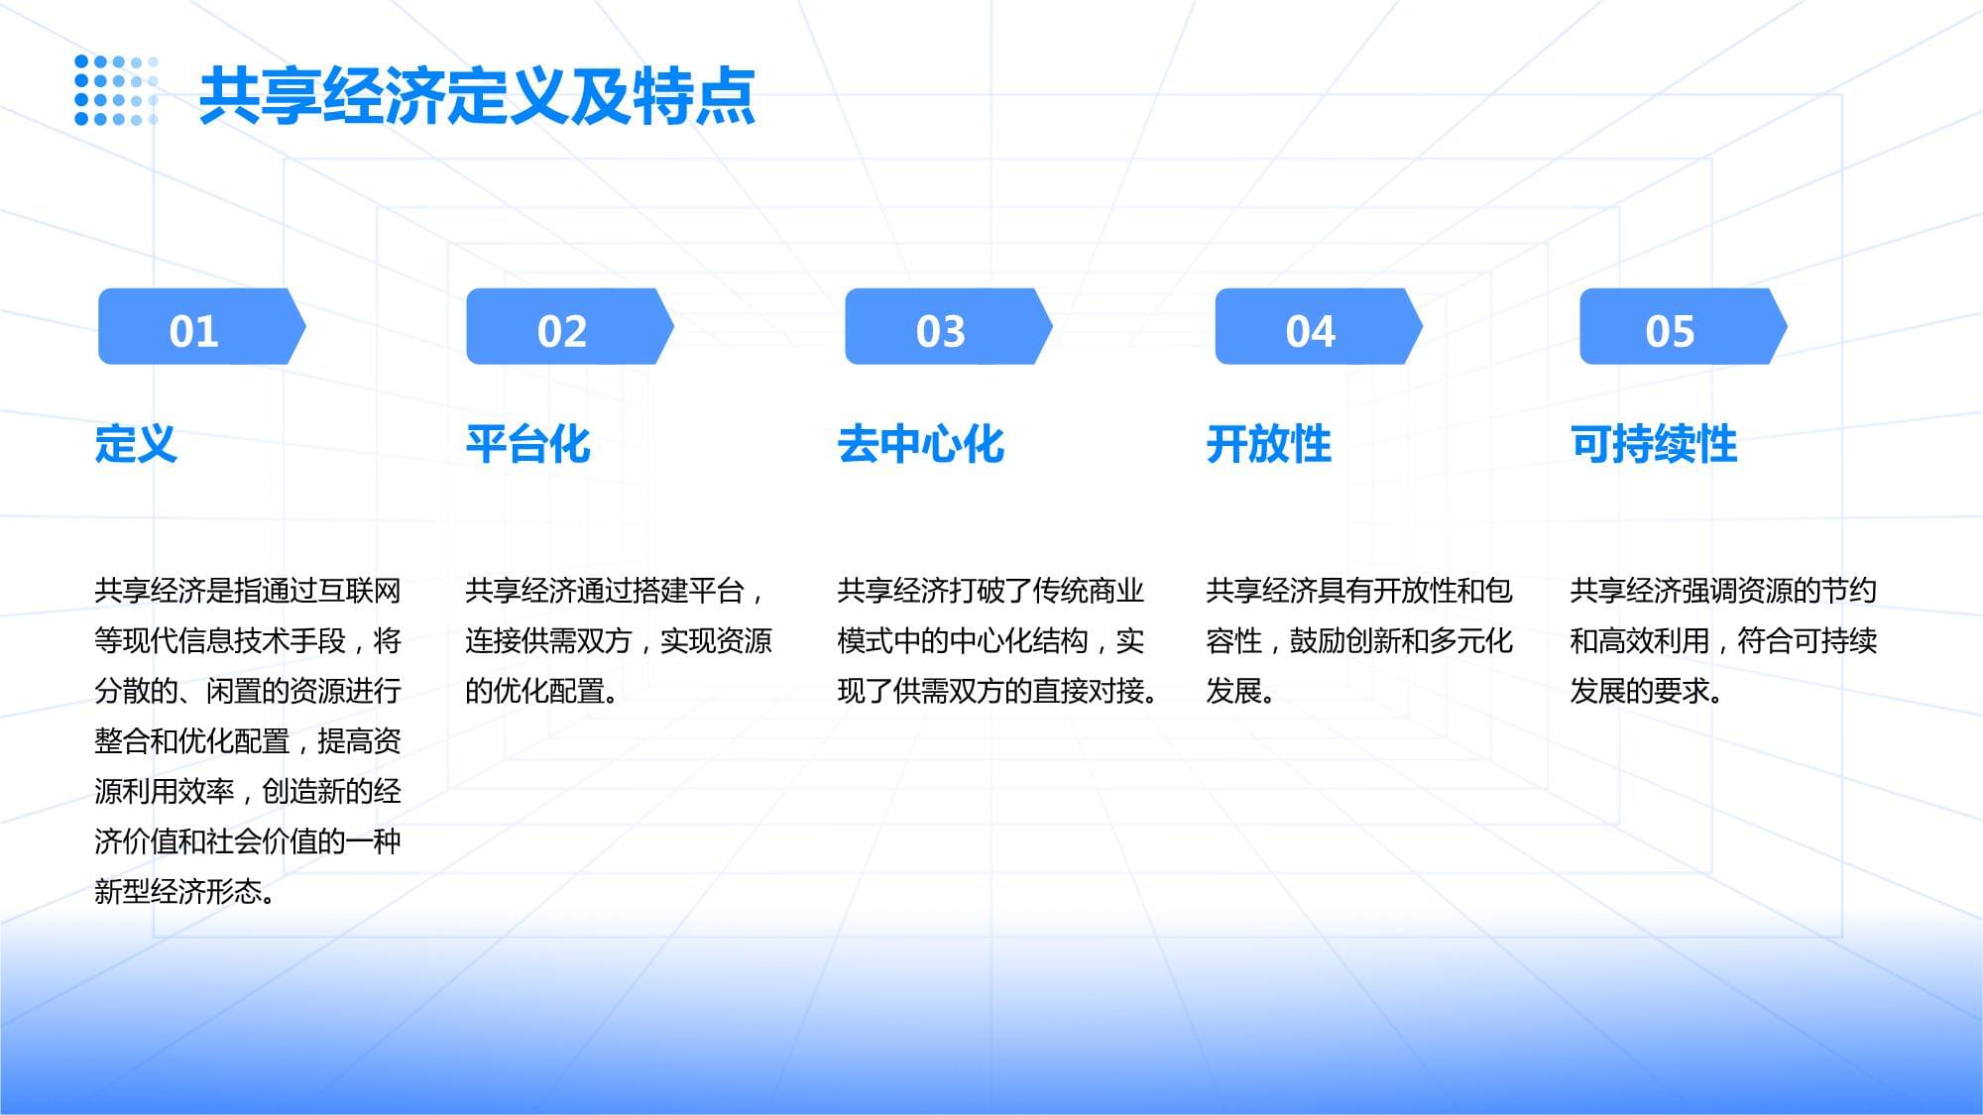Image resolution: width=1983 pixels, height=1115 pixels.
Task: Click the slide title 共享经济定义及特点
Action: [x=477, y=96]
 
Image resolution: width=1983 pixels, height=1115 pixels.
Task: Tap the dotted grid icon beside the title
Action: [x=116, y=91]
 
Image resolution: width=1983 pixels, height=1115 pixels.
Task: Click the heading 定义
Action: [x=136, y=443]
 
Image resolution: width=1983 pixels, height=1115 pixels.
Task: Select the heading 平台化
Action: [x=527, y=443]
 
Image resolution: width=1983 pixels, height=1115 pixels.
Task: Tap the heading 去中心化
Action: [x=920, y=443]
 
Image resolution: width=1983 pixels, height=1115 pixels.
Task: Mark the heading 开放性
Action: [x=1268, y=443]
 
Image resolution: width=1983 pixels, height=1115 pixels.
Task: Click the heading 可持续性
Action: [x=1653, y=443]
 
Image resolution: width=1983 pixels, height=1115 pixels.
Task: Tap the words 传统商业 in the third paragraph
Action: [x=1088, y=591]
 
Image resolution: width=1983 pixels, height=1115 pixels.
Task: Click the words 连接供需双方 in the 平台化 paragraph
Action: [x=547, y=641]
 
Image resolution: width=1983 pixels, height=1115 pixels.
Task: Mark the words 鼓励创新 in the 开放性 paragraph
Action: [x=1343, y=641]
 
